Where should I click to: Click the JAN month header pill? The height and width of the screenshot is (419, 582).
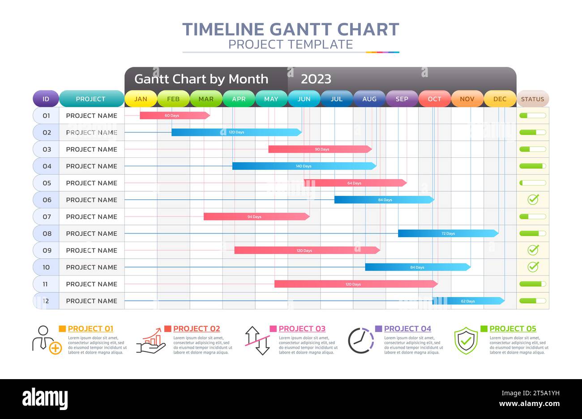(141, 99)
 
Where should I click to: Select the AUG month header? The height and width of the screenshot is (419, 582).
(369, 99)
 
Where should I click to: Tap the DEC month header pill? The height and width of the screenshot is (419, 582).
(500, 99)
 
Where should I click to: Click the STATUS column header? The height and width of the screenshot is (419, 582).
(532, 99)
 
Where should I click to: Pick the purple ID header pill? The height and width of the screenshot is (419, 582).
(46, 99)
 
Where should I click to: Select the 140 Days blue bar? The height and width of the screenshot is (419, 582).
(304, 166)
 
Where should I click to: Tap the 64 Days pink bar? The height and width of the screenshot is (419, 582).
(355, 183)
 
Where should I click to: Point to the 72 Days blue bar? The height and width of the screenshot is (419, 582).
(448, 233)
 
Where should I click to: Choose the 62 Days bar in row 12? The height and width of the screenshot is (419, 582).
(468, 301)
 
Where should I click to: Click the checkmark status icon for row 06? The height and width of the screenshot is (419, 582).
(533, 199)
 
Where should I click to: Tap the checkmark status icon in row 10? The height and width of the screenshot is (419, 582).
(533, 267)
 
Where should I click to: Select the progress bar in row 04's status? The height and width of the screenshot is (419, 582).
(532, 166)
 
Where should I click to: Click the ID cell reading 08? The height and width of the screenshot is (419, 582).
(47, 233)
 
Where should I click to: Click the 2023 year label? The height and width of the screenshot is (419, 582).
(316, 79)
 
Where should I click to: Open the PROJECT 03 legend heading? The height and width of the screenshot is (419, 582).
(302, 329)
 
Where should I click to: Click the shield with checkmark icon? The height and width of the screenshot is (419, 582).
(466, 341)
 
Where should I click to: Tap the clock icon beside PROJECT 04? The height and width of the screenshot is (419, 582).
(361, 341)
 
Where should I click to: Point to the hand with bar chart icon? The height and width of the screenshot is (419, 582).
(151, 341)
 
